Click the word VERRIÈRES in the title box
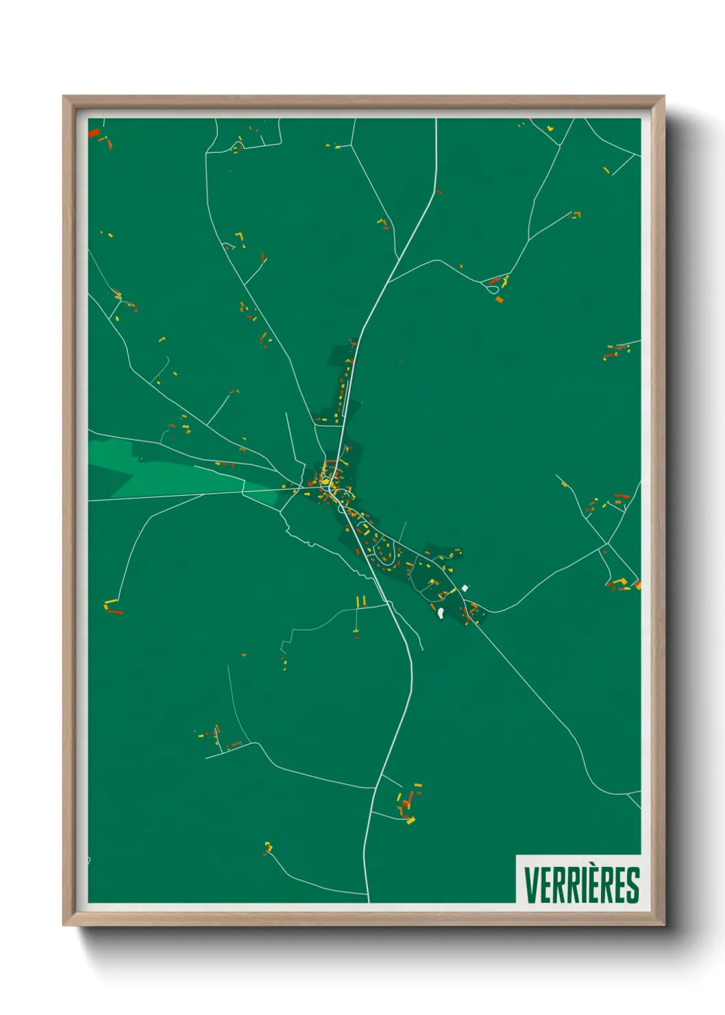(x=582, y=885)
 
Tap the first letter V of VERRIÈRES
(x=530, y=885)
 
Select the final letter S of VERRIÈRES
(x=633, y=885)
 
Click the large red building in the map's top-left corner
(x=94, y=132)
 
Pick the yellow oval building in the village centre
(x=325, y=482)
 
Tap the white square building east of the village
(x=465, y=588)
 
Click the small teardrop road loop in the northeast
(x=492, y=290)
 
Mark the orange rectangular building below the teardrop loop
(x=499, y=300)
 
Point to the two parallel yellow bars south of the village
(x=360, y=601)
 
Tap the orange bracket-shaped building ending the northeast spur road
(x=576, y=214)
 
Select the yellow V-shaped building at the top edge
(x=549, y=128)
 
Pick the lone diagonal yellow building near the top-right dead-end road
(x=606, y=170)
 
